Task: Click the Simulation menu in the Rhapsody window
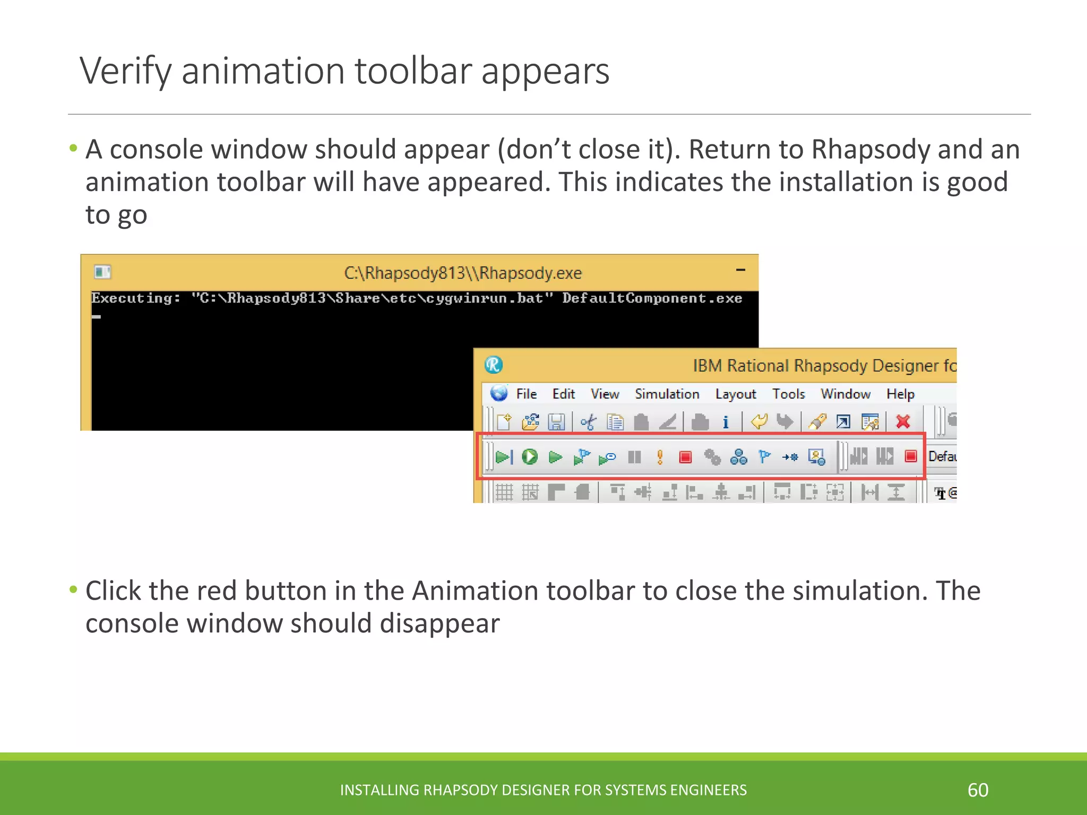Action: click(667, 394)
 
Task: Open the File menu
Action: click(526, 394)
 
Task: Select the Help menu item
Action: click(900, 394)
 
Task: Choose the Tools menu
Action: click(788, 394)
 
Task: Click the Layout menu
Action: click(735, 394)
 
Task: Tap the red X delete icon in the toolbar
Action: click(903, 422)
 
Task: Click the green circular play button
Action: click(529, 457)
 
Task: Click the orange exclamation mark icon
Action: click(660, 457)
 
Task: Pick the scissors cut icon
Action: click(588, 422)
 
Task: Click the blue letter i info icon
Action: click(726, 422)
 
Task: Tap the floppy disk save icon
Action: click(556, 422)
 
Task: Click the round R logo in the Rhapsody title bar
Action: click(494, 365)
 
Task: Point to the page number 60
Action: click(978, 790)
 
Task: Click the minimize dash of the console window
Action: click(740, 270)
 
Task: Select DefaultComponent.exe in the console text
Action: click(652, 298)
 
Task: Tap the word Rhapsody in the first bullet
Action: click(870, 150)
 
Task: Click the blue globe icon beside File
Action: click(499, 393)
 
